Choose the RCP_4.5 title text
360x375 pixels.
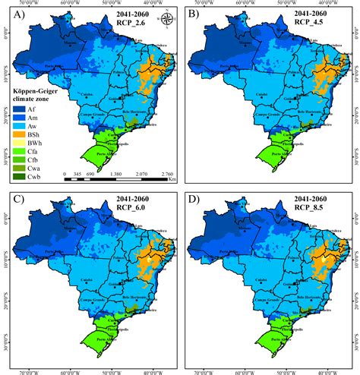(x=313, y=22)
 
